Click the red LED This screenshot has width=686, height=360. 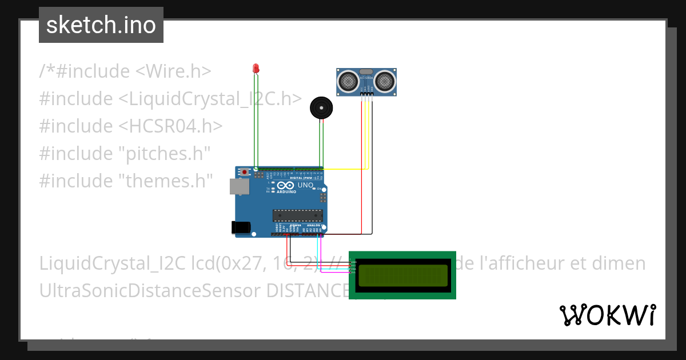point(256,69)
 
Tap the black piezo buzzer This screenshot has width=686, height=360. point(320,108)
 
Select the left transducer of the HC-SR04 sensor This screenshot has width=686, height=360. point(347,82)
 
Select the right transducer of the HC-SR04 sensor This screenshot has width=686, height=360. point(385,82)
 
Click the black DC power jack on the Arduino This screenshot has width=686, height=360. point(240,227)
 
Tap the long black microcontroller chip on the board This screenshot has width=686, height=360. point(297,215)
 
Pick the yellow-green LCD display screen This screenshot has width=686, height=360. point(402,275)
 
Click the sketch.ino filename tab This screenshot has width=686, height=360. point(101,25)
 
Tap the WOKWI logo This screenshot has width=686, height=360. point(607,315)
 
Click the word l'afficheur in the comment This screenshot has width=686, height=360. point(518,263)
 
